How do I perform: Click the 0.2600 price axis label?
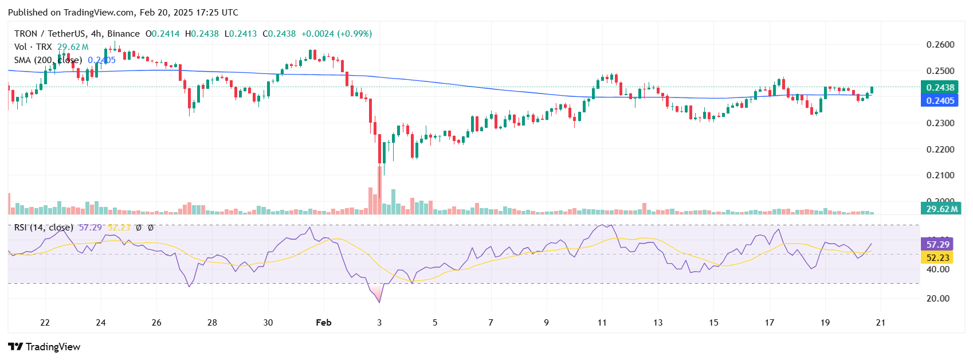[x=940, y=45]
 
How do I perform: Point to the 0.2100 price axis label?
[x=940, y=175]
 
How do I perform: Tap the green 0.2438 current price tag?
[x=940, y=87]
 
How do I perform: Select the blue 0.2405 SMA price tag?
[x=940, y=100]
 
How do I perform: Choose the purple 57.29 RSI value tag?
[x=938, y=244]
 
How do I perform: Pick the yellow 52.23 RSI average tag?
[x=938, y=257]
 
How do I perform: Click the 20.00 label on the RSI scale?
[x=938, y=298]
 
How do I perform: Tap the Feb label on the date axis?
[x=324, y=323]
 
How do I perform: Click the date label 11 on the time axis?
[x=602, y=323]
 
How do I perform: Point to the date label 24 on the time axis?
[x=101, y=323]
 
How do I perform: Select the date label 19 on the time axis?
[x=825, y=323]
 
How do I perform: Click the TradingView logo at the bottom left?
[x=45, y=347]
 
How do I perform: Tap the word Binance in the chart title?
[x=123, y=34]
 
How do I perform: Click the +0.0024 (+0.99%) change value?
[x=336, y=34]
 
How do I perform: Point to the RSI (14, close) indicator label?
[x=44, y=228]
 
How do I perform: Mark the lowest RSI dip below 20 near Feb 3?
[x=379, y=302]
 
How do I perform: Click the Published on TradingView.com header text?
[x=123, y=12]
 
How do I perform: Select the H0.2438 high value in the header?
[x=202, y=34]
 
